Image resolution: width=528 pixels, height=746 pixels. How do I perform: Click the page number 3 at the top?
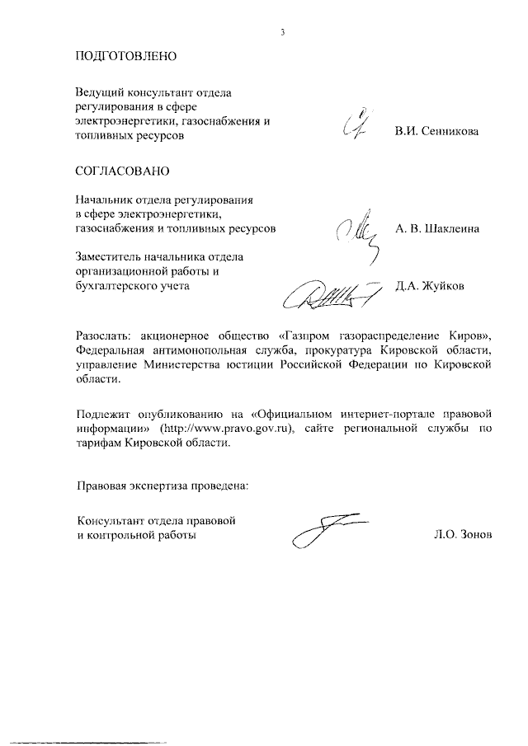pyautogui.click(x=282, y=32)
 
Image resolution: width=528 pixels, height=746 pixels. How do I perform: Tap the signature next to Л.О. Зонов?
pyautogui.click(x=326, y=528)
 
